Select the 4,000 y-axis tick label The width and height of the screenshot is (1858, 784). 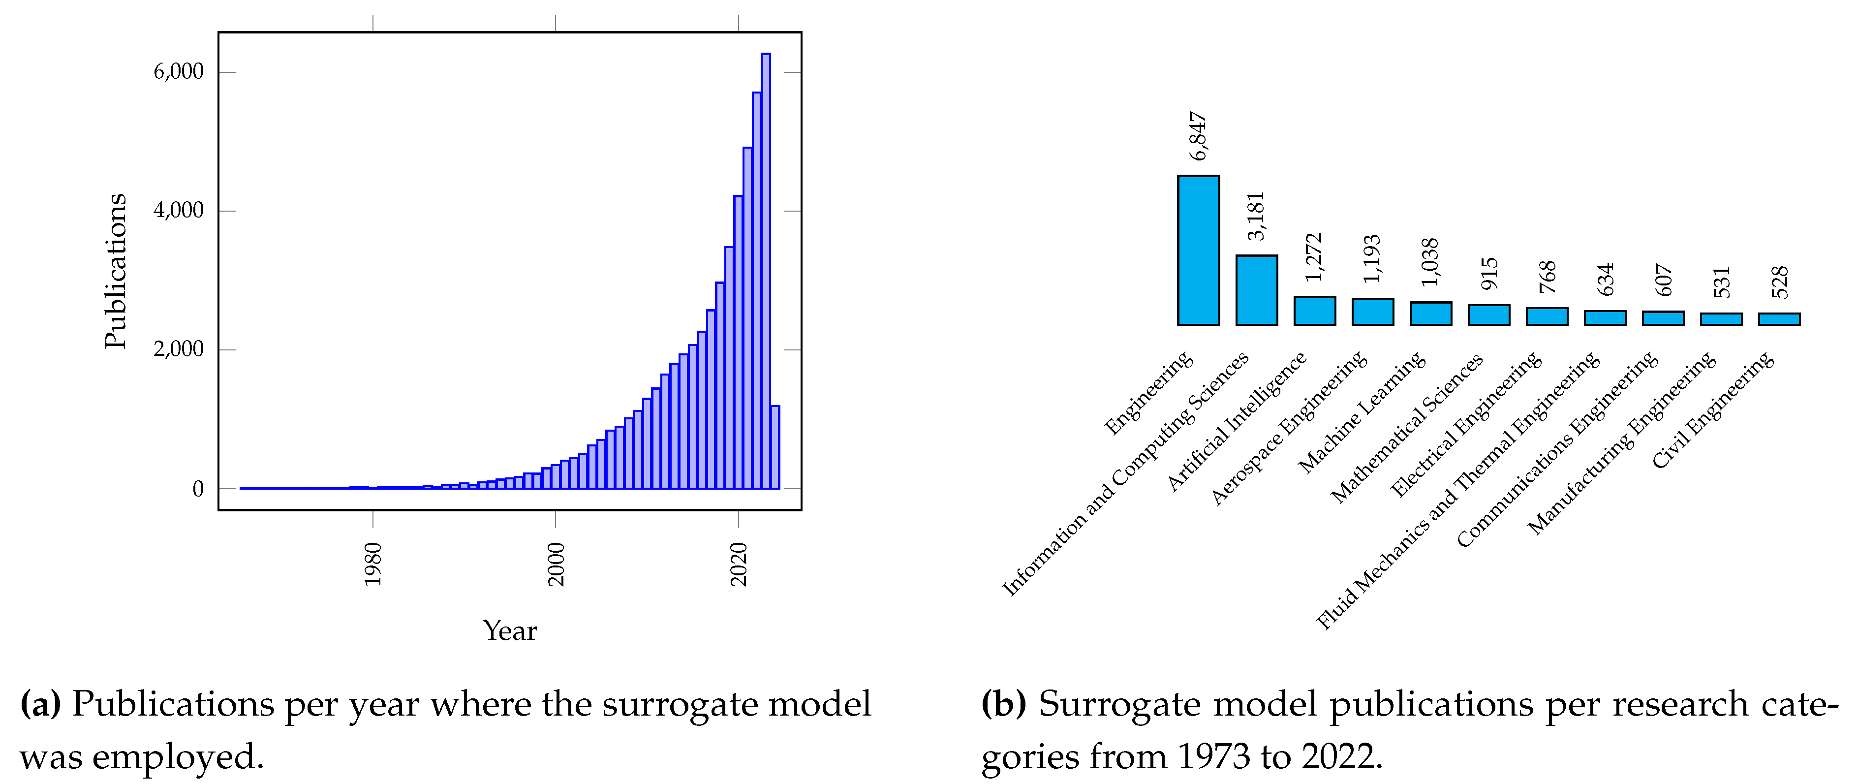[x=178, y=211]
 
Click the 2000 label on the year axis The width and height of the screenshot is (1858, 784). [x=556, y=564]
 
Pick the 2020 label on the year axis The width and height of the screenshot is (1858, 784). [x=739, y=564]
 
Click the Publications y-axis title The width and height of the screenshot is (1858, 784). [x=116, y=271]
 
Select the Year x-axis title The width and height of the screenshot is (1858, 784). [x=509, y=631]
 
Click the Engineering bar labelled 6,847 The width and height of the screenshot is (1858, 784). [x=1198, y=251]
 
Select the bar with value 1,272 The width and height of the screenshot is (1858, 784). [x=1314, y=311]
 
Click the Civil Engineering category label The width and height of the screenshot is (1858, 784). [x=1712, y=409]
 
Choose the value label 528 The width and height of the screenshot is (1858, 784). [x=1779, y=282]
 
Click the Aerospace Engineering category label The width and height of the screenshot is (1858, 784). [x=1289, y=429]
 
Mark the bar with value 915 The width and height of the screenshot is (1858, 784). [x=1488, y=315]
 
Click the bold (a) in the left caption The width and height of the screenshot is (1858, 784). [x=40, y=704]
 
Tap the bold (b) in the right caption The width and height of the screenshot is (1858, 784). [x=1003, y=704]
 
